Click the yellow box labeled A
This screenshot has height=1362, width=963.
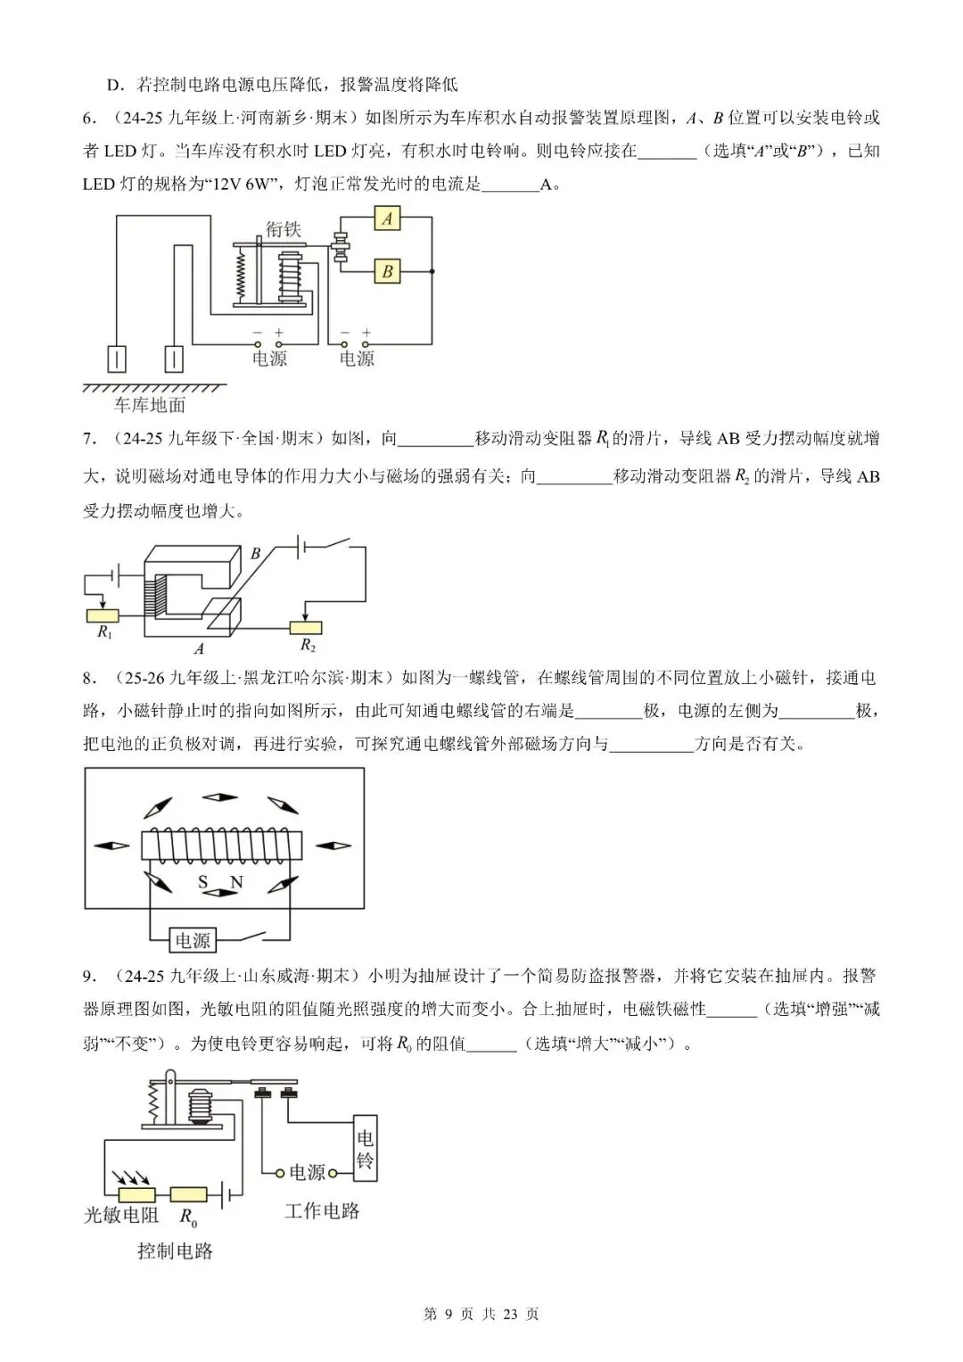[387, 218]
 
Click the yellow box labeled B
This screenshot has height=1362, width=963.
[387, 271]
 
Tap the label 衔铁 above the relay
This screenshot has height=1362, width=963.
[284, 229]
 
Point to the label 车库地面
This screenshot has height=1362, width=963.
[150, 405]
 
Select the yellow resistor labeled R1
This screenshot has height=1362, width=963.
[103, 615]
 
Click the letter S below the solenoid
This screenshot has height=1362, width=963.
[203, 882]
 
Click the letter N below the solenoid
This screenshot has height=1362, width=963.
[236, 882]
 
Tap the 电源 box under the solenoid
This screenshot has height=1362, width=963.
[193, 940]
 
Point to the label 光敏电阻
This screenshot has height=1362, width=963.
[121, 1215]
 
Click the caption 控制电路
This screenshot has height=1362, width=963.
[176, 1251]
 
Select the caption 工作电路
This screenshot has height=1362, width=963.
[322, 1210]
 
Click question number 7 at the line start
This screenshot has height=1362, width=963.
[88, 439]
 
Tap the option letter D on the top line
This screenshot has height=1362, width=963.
[113, 86]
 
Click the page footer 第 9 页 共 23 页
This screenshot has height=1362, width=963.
[481, 1314]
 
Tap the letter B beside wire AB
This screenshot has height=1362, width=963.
[256, 554]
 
